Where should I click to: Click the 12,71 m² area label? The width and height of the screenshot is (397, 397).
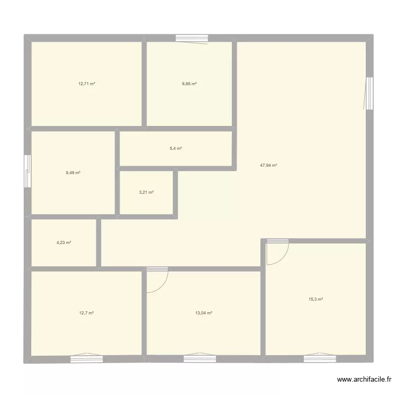(x=86, y=84)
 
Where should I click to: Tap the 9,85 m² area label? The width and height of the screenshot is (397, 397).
(x=189, y=84)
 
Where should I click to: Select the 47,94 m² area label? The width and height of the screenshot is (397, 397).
(x=268, y=165)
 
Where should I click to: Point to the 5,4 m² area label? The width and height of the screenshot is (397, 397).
(x=176, y=148)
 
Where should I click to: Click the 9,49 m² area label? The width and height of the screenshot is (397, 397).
(x=73, y=173)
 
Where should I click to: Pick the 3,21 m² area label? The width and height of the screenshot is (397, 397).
(x=146, y=192)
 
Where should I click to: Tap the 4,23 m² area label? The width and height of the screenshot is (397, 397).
(x=64, y=242)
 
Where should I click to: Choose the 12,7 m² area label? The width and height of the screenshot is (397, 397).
(x=86, y=313)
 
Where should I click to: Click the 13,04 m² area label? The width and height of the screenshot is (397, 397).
(x=203, y=313)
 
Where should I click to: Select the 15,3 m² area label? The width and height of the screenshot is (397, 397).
(x=315, y=299)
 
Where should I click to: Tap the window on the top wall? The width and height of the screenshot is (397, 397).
(x=192, y=38)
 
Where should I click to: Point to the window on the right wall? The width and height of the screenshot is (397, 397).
(x=369, y=93)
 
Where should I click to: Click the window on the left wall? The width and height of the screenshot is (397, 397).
(x=28, y=171)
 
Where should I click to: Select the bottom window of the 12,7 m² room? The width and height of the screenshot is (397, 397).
(x=86, y=358)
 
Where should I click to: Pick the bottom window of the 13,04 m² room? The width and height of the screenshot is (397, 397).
(x=200, y=358)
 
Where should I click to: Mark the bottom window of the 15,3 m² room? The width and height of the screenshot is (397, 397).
(x=320, y=358)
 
